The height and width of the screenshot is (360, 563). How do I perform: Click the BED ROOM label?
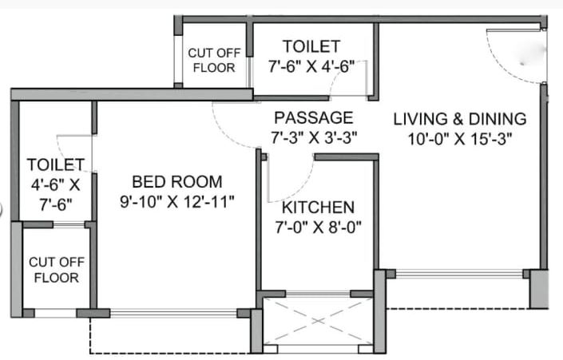click(x=166, y=181)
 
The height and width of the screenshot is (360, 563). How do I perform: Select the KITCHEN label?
click(x=318, y=207)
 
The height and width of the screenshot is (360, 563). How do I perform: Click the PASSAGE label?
click(x=312, y=117)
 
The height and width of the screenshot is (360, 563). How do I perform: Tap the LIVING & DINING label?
click(x=460, y=119)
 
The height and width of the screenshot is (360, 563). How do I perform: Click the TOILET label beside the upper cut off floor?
click(x=311, y=46)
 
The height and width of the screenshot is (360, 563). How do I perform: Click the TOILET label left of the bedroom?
click(x=56, y=165)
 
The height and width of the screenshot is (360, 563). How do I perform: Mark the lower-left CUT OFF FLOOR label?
click(x=54, y=270)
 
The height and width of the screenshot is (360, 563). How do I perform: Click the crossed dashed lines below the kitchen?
click(x=318, y=321)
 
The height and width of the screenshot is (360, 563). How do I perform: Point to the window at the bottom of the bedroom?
click(x=173, y=313)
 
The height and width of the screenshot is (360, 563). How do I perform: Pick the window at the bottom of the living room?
click(x=460, y=274)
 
